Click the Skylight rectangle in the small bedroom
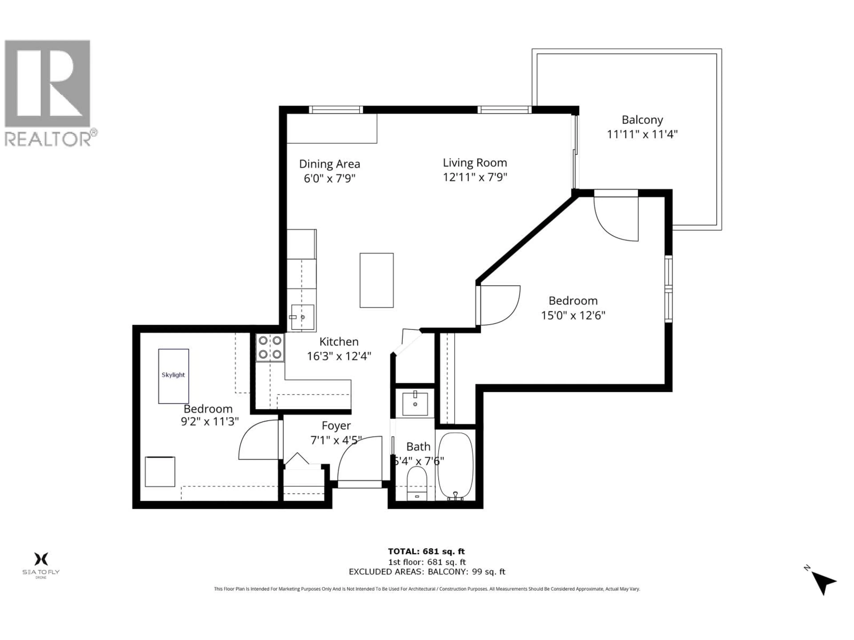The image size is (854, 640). click(x=173, y=376)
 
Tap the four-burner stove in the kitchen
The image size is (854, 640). click(x=270, y=347)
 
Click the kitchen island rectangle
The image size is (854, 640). click(x=377, y=280)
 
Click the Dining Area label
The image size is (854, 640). click(x=329, y=164)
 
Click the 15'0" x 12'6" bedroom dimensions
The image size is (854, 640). click(x=572, y=316)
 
